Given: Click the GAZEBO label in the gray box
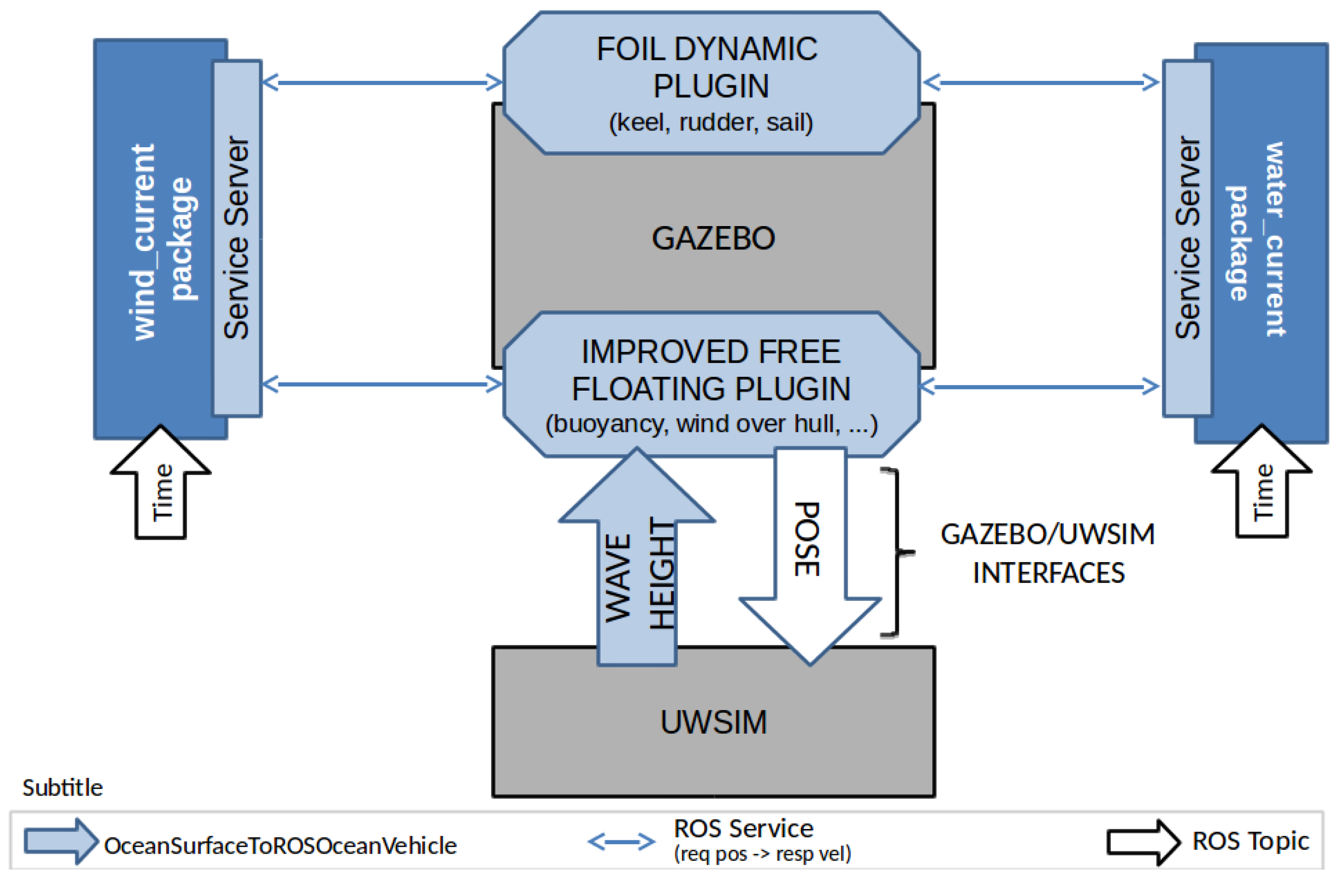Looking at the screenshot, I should click(x=713, y=238).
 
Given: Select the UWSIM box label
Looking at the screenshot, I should click(x=713, y=722).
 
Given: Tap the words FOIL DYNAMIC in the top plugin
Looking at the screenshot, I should click(x=707, y=50).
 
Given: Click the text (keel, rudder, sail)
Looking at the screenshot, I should click(x=711, y=122).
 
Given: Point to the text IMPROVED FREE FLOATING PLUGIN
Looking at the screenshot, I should click(x=711, y=370).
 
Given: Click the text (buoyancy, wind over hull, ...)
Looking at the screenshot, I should click(x=711, y=424).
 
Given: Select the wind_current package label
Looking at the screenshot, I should click(x=163, y=241).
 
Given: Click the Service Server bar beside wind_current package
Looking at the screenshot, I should click(x=237, y=238).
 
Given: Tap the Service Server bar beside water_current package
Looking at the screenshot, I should click(x=1187, y=238).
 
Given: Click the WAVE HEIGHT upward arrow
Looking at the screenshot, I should click(x=637, y=561).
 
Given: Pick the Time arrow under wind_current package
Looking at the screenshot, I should click(x=161, y=488).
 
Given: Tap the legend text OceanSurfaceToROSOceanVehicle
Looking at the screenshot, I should click(x=280, y=846).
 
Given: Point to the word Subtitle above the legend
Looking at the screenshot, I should click(x=62, y=788).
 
